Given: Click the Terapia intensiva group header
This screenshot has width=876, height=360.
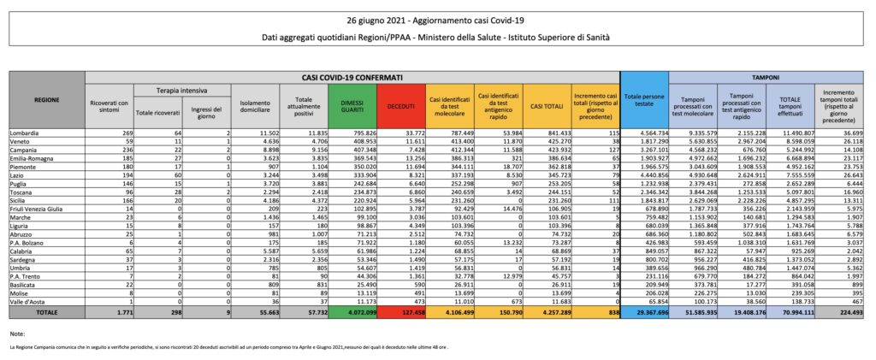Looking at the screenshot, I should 179,90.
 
